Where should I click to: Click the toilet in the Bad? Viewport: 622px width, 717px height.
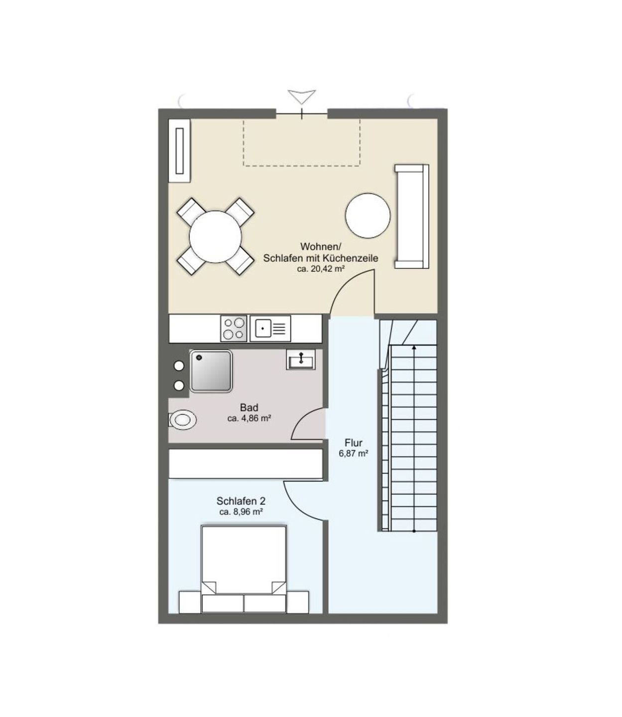click(182, 419)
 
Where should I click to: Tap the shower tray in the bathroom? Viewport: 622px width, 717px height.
click(211, 371)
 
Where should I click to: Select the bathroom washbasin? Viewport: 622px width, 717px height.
click(301, 359)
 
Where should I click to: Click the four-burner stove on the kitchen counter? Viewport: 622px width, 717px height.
click(234, 328)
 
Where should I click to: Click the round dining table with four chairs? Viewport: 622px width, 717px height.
click(216, 237)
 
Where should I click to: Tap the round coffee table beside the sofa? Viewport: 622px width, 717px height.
click(368, 216)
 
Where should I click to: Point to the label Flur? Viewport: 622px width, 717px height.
click(353, 443)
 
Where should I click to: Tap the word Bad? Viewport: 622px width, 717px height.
click(249, 408)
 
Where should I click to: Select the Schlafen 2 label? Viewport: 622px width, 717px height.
click(241, 500)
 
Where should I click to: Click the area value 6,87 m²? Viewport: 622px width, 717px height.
click(353, 454)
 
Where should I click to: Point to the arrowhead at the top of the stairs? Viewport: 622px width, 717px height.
click(414, 347)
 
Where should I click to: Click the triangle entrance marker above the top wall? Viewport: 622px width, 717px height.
click(302, 97)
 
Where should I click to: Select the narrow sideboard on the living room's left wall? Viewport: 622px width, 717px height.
click(180, 150)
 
